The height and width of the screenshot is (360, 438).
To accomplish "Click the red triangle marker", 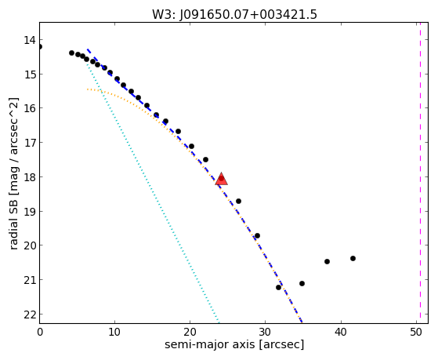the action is click(x=222, y=179).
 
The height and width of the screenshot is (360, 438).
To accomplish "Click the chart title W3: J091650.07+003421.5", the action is click(x=234, y=14).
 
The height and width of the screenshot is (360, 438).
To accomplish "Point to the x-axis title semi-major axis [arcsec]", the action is click(x=234, y=344).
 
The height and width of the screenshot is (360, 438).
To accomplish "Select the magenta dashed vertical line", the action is click(x=420, y=173).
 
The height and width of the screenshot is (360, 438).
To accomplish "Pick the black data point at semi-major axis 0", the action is click(x=40, y=46).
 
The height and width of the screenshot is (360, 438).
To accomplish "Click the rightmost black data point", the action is click(x=353, y=258).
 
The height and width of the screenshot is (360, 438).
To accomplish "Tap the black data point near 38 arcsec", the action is click(x=327, y=261).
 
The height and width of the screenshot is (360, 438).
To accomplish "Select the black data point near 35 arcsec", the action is click(x=302, y=283).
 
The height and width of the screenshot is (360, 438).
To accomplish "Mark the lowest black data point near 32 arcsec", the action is click(x=278, y=287).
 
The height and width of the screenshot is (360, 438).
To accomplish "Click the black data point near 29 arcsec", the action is click(x=257, y=236).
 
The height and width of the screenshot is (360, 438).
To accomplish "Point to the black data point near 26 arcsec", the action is click(x=238, y=201).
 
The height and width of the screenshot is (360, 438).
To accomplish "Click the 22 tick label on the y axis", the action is click(x=30, y=315).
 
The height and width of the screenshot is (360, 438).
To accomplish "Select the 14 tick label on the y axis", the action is click(x=30, y=40).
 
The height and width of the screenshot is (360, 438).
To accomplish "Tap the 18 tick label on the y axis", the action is click(x=30, y=177).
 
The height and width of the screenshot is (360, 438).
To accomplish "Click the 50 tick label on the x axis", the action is click(x=416, y=332).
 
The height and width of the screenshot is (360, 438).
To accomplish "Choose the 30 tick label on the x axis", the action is click(x=265, y=332).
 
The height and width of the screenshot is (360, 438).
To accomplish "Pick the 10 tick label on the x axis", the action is click(x=114, y=332).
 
